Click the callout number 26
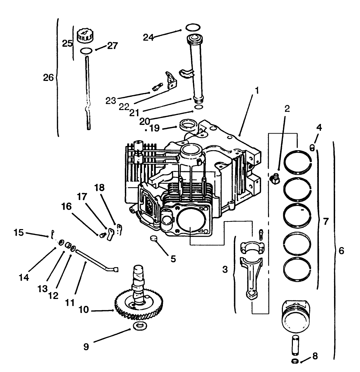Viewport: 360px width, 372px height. [x=48, y=78]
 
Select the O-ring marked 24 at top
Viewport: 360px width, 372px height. [x=192, y=27]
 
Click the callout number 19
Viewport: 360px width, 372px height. [x=155, y=128]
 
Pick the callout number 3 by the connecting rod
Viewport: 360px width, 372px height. [x=225, y=269]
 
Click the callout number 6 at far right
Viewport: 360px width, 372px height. [x=341, y=251]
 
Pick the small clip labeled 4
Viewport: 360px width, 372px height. [x=312, y=148]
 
